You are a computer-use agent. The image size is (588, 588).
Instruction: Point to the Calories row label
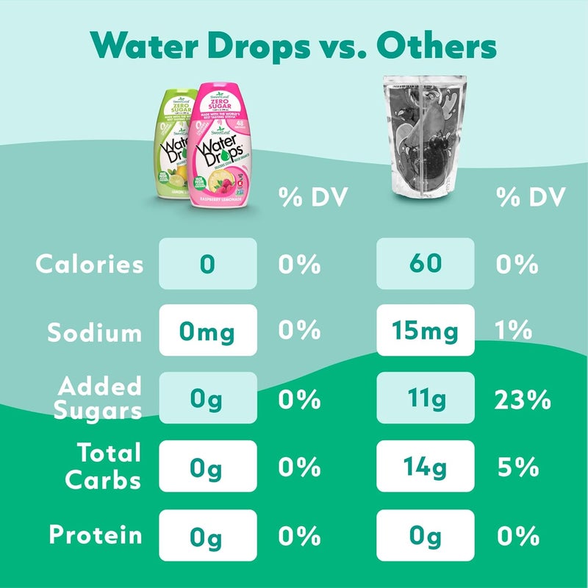click(90, 264)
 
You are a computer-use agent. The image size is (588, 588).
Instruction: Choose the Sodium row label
click(95, 332)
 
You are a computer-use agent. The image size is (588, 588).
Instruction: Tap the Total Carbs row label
click(102, 467)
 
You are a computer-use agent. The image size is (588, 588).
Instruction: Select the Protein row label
click(96, 534)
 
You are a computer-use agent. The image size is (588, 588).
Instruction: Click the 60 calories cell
click(425, 264)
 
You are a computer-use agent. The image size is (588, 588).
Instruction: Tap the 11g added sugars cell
click(425, 399)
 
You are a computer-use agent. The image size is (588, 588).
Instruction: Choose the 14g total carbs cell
click(425, 467)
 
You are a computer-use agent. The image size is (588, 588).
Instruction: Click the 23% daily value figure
click(523, 400)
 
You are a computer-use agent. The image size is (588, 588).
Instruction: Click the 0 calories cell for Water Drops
click(208, 264)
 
